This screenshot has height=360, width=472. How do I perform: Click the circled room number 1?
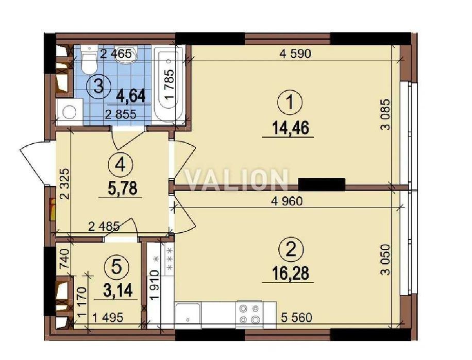290,103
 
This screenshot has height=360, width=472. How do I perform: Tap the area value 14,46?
290,128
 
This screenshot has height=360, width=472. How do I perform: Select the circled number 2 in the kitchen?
290,249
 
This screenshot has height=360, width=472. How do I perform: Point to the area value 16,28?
290,273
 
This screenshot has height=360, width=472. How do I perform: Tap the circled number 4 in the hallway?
122,165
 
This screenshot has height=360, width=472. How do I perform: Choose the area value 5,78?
122,189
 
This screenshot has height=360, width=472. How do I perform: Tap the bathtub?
168,84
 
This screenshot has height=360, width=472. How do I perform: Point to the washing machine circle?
70,112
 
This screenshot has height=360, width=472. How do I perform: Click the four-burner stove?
249,314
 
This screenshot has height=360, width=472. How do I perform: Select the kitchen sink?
188,316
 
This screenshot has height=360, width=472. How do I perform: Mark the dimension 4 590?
295,54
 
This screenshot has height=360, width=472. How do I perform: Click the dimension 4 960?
286,201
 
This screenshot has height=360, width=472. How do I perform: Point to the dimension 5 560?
297,317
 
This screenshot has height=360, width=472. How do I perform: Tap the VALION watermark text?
236,180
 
